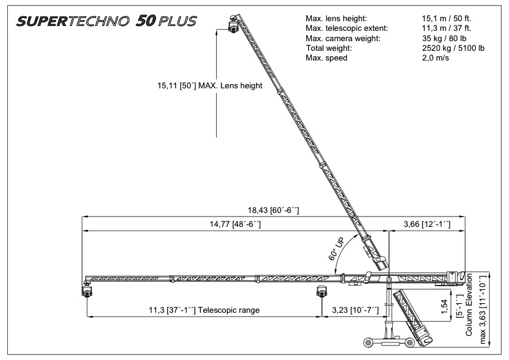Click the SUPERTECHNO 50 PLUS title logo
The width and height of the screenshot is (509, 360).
tap(107, 21)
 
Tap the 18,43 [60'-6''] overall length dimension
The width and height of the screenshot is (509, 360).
tap(274, 210)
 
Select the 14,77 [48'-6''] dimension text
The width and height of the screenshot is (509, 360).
tap(235, 224)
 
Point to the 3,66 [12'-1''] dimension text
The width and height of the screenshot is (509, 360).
tap(427, 224)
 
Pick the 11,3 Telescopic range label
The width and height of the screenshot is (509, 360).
tap(204, 310)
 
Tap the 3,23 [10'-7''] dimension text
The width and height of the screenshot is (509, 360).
tap(355, 310)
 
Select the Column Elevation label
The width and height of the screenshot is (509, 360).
tap(468, 304)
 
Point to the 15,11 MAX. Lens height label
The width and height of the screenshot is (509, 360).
tap(209, 86)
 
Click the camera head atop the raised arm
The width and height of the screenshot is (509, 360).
tap(233, 24)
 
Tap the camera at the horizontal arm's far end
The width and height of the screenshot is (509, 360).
tap(87, 289)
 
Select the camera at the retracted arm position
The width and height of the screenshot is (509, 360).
tap(321, 291)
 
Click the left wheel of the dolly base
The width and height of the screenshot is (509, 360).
tap(369, 342)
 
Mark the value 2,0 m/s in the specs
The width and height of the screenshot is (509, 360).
tap(435, 58)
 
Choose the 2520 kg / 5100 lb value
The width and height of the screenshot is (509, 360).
tap(453, 48)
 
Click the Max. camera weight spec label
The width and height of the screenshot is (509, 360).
tap(343, 38)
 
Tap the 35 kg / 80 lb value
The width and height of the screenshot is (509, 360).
tap(444, 38)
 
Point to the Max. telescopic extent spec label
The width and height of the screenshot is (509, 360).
tap(347, 28)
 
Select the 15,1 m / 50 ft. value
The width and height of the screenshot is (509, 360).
tap(446, 19)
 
